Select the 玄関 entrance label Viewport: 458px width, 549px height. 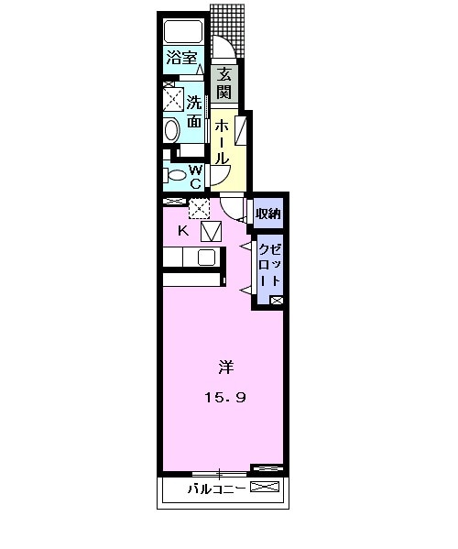[x=224, y=82]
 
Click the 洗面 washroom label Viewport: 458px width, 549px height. [x=195, y=110]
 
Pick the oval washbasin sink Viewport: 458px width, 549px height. [x=171, y=129]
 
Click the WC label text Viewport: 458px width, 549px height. [x=195, y=175]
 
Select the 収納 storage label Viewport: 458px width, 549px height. [x=267, y=214]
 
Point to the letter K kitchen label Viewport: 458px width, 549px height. [x=183, y=231]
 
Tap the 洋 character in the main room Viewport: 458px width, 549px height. [x=224, y=368]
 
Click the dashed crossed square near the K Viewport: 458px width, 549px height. [x=199, y=209]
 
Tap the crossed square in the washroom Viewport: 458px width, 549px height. [x=173, y=97]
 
